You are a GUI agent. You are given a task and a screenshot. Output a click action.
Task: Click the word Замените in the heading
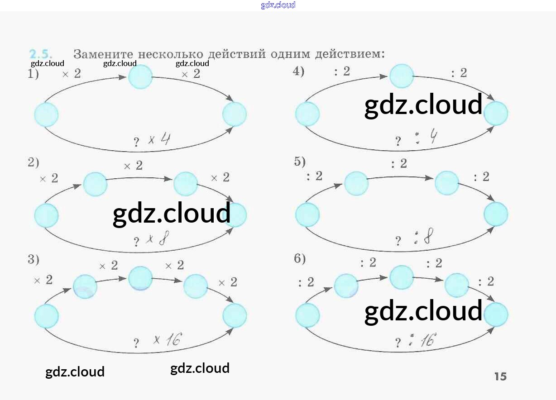103,54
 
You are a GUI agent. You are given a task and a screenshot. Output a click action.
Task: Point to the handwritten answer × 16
167,339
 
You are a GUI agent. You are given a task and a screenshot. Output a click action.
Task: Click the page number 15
500,376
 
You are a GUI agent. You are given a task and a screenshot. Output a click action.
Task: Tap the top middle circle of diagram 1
140,77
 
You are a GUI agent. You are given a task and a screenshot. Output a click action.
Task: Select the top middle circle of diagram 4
402,76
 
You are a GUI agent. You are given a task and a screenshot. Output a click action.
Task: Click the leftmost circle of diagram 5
307,214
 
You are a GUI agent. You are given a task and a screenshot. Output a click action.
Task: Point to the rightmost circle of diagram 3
235,315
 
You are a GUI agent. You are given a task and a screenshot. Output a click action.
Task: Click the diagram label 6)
300,259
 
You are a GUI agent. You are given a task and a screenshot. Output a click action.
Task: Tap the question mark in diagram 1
136,143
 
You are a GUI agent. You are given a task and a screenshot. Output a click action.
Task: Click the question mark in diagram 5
398,241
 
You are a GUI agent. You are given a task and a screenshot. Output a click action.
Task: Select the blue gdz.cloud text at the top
278,5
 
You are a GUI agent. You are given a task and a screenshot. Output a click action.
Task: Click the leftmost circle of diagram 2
46,215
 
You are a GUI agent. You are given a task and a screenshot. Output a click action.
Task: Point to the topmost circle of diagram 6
402,277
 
